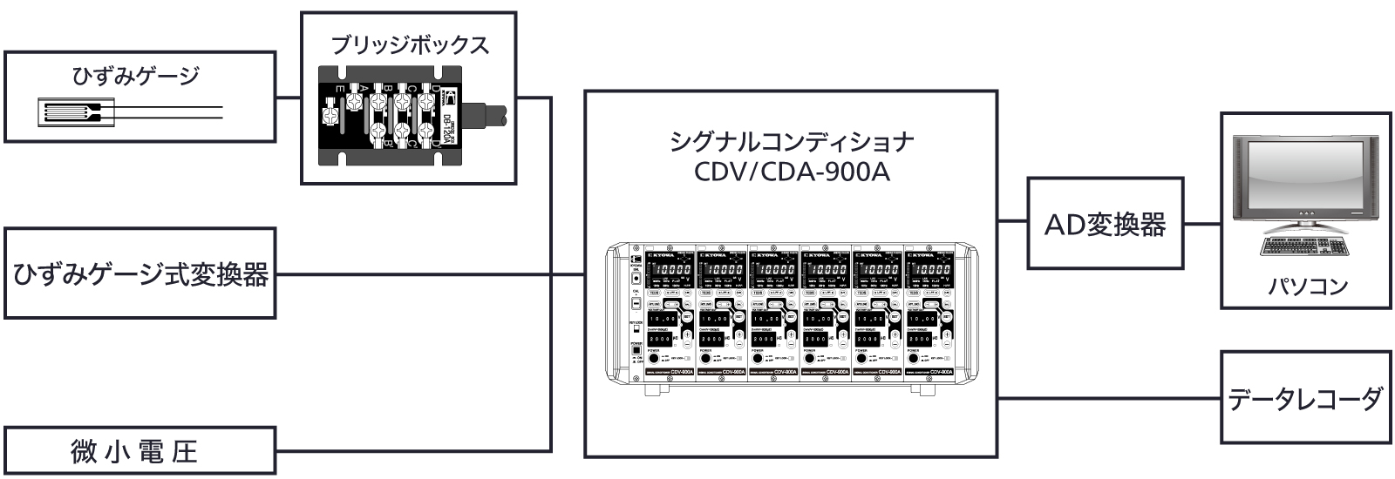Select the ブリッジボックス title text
(x=409, y=45)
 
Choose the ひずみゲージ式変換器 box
(x=140, y=274)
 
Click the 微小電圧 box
(x=140, y=451)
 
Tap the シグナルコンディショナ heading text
(x=791, y=141)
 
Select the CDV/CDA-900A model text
(x=791, y=172)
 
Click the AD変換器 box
(x=1105, y=224)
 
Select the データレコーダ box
(x=1304, y=399)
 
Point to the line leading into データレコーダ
(x=1107, y=398)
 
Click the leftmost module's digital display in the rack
(x=670, y=269)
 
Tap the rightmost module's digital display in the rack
(x=930, y=269)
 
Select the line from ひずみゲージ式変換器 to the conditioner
(x=427, y=275)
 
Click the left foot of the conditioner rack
(x=652, y=390)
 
